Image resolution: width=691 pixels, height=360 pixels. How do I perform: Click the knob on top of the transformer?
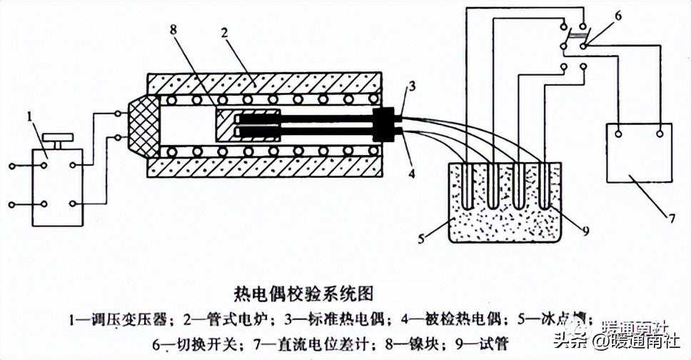[54, 137]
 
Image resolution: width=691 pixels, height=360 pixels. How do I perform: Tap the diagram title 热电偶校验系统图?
[303, 292]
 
